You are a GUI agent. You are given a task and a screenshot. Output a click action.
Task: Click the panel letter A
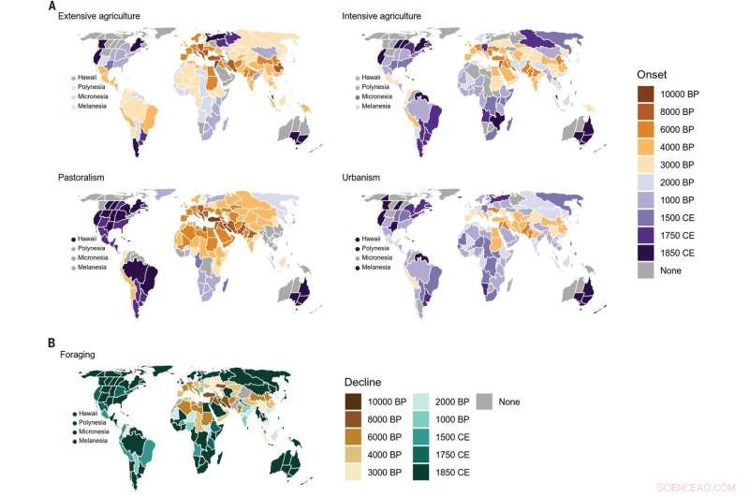(51, 5)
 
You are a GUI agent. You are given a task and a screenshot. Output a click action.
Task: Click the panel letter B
(51, 343)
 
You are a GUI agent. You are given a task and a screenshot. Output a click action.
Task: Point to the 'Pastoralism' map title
(84, 178)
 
